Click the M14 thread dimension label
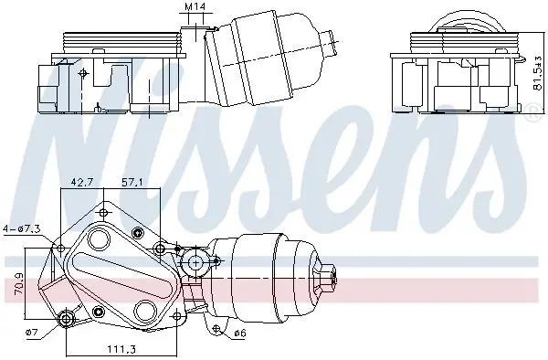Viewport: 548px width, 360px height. [x=195, y=6]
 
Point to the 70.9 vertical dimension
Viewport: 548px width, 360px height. [x=20, y=283]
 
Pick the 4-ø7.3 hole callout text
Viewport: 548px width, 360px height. [x=22, y=229]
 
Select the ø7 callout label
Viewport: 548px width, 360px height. [x=31, y=332]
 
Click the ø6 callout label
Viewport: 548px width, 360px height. [x=239, y=334]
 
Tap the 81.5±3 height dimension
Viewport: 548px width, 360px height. [x=538, y=73]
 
